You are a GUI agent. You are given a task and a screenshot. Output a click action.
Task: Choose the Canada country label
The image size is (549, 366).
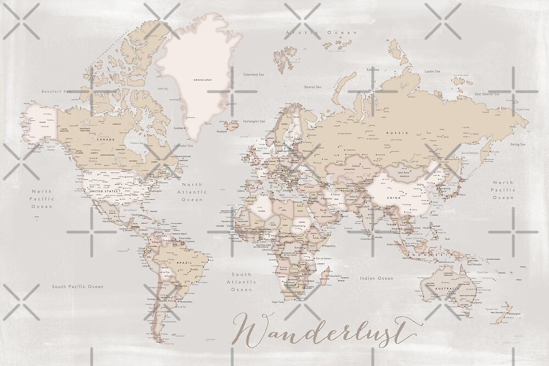point(105,139)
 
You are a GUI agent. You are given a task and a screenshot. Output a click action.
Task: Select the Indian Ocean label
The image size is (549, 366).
point(376,278)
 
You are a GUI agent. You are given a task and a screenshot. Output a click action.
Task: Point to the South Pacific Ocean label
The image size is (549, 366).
point(77,286)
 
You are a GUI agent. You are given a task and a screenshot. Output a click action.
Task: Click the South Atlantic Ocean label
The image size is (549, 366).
point(241,281)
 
